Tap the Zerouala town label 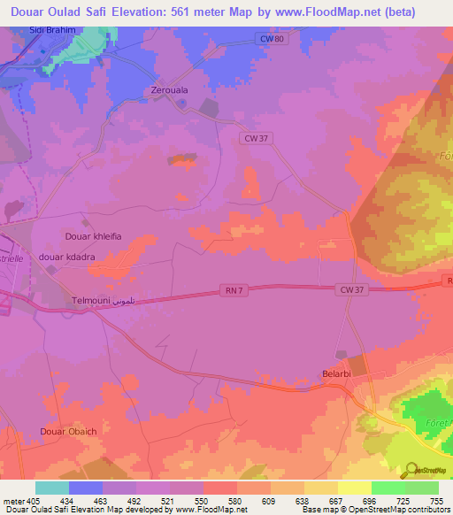(171, 91)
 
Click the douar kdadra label (67, 257)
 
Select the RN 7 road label (233, 289)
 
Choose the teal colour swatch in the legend (51, 488)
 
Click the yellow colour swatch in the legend (354, 488)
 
